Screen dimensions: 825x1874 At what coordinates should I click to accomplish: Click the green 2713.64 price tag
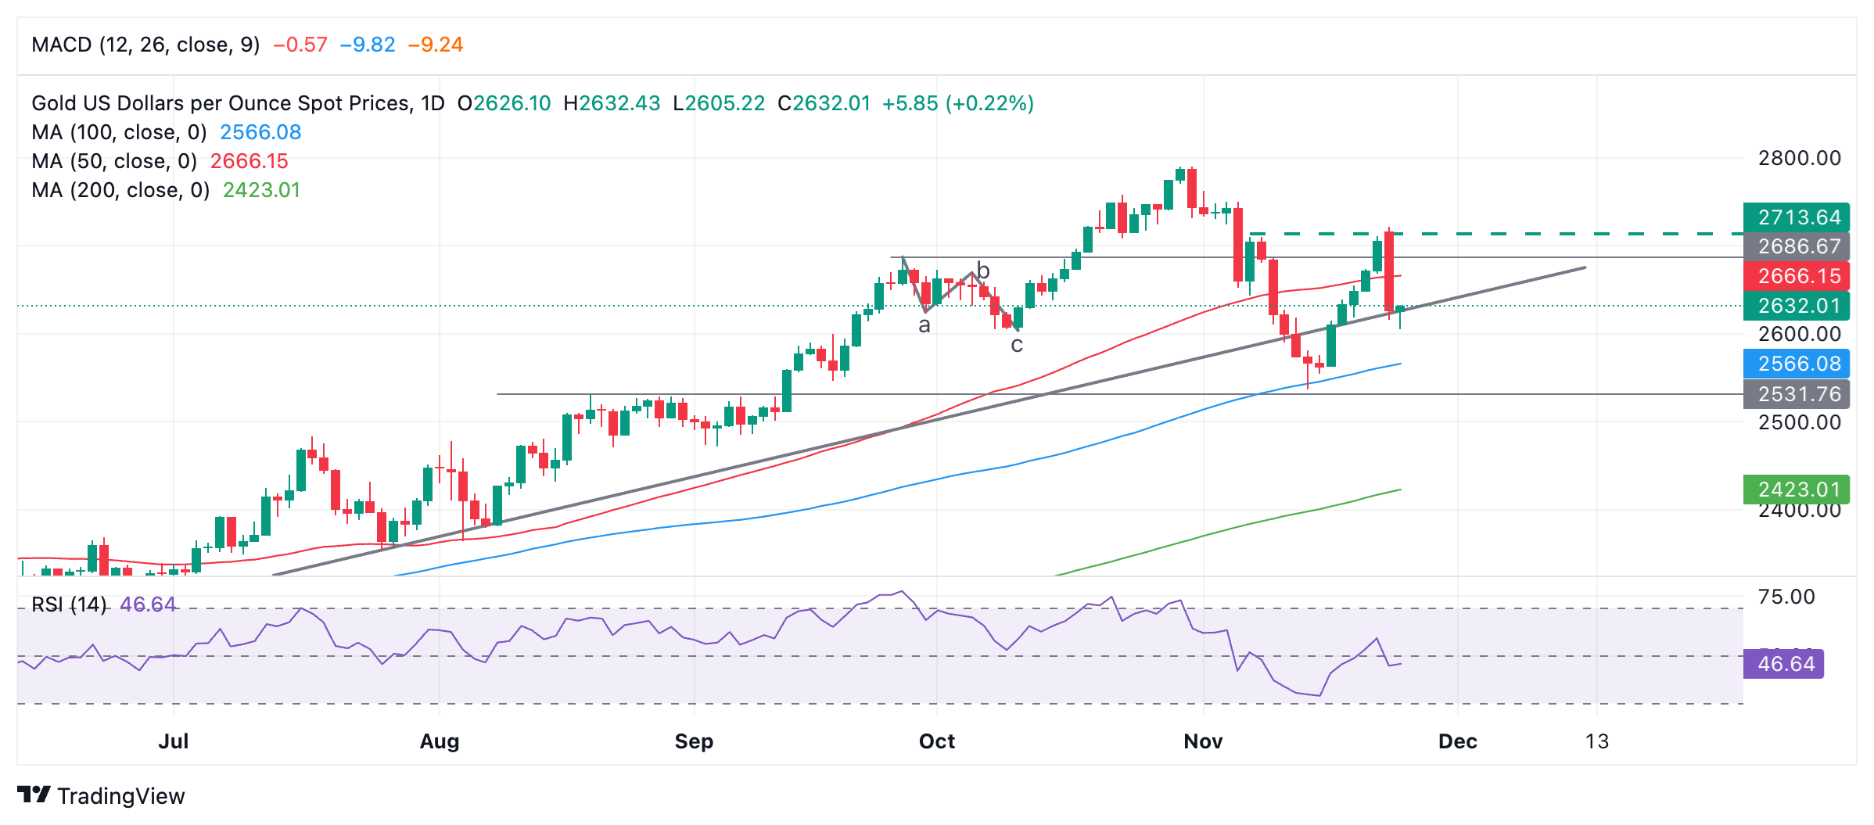coord(1796,217)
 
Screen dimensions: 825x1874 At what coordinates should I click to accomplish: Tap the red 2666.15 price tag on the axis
coord(1796,276)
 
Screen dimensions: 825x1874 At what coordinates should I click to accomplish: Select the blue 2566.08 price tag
coord(1796,364)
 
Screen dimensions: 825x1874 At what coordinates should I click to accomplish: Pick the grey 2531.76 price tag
coord(1796,394)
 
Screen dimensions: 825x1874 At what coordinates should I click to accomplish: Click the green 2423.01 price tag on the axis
coord(1796,490)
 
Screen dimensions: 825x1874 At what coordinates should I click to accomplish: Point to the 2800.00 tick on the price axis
coord(1799,158)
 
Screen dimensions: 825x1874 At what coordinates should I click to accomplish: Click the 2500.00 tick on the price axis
coord(1799,422)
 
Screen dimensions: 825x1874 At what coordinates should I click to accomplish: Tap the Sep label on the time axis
coord(694,741)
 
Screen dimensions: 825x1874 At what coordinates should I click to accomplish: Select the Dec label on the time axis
coord(1457,741)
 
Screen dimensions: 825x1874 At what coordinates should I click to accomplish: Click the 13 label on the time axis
coord(1596,741)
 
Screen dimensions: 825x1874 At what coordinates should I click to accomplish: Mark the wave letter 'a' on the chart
coord(924,325)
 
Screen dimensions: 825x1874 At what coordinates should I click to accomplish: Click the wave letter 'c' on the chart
coord(1016,345)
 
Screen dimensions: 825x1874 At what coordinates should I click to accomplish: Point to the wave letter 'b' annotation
coord(983,271)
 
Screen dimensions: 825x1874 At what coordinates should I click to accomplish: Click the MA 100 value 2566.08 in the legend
coord(260,132)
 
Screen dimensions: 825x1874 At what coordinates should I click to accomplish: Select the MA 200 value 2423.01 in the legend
coord(261,190)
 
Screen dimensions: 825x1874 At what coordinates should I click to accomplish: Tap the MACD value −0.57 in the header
coord(300,45)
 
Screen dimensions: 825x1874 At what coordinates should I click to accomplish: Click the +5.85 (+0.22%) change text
coord(957,103)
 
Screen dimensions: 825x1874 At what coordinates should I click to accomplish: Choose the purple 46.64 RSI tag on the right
coord(1785,664)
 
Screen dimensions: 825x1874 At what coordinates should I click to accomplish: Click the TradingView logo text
coord(120,796)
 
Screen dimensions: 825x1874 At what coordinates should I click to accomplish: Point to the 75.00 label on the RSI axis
coord(1786,597)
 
